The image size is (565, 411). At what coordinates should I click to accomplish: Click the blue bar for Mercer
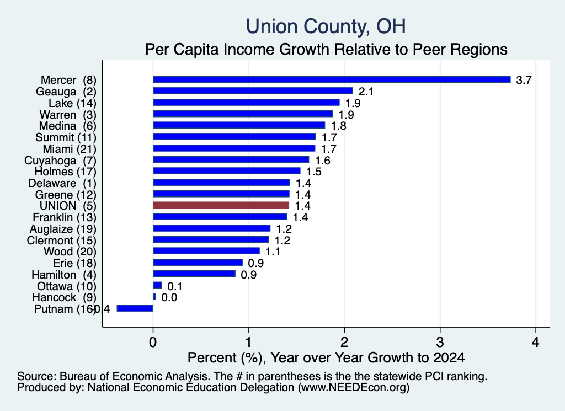tap(332, 79)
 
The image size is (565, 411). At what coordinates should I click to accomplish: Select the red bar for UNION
tap(221, 205)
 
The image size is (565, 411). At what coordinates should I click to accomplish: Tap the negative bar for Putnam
tap(135, 308)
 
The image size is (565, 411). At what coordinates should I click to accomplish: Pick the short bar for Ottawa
tap(157, 285)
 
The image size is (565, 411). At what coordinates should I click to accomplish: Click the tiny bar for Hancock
tap(154, 297)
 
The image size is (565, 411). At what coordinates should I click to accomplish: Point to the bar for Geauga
tap(253, 91)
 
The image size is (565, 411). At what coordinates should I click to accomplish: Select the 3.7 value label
tap(524, 80)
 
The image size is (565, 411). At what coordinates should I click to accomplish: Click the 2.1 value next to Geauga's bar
tap(366, 92)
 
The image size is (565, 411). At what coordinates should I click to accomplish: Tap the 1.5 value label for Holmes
tap(314, 172)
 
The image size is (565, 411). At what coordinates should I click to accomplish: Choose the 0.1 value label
tap(175, 286)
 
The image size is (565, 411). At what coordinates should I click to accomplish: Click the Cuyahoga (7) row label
tap(60, 161)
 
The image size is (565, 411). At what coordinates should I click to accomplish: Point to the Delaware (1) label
tap(62, 183)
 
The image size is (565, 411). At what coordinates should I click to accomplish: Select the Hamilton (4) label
tap(64, 275)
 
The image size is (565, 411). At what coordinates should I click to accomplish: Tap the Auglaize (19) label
tap(63, 229)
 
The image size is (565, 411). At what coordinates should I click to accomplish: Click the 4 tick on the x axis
tap(535, 341)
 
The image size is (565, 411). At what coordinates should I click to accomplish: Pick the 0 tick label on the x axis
tap(153, 341)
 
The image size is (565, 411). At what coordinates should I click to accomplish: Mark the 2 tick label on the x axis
tap(344, 341)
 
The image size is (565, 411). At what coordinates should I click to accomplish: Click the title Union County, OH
tap(326, 26)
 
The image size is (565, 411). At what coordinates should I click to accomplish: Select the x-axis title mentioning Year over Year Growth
tap(326, 357)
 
